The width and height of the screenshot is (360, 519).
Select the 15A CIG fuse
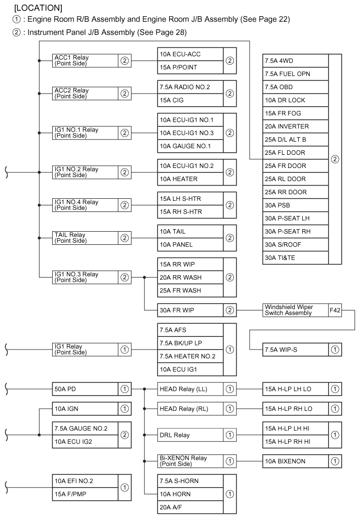click(190, 100)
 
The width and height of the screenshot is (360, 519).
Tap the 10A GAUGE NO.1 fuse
click(190, 146)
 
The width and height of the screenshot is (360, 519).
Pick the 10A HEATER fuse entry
click(190, 179)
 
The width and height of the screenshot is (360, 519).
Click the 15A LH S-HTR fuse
click(190, 199)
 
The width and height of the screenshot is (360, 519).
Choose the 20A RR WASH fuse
click(190, 278)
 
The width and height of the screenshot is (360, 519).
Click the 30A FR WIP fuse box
click(190, 310)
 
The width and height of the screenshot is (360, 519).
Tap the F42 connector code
click(335, 310)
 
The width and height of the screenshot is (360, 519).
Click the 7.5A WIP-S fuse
click(295, 350)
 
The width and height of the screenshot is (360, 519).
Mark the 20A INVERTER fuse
click(295, 126)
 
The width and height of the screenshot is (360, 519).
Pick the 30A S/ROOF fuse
click(295, 245)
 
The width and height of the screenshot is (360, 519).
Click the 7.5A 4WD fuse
click(295, 61)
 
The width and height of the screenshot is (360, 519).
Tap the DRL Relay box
click(190, 435)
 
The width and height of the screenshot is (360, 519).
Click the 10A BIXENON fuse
click(295, 461)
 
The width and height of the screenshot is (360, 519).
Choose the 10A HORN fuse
click(190, 494)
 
